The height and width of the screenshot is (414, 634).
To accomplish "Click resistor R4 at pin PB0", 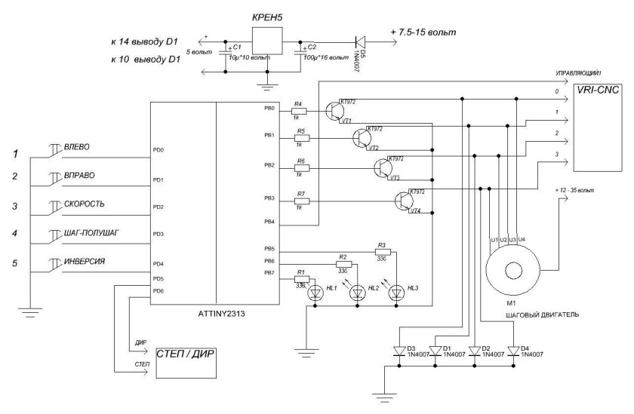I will click(x=300, y=109).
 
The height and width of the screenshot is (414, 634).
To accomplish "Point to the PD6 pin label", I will click(x=158, y=291).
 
